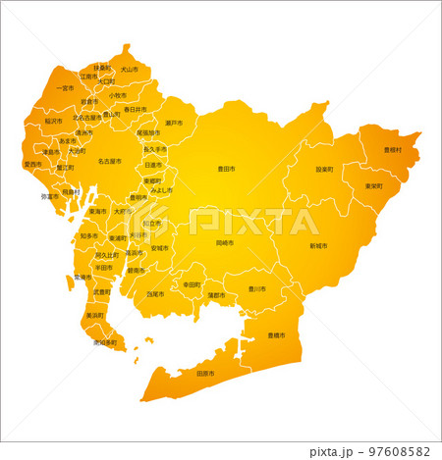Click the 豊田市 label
coord(226,169)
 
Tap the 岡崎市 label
coord(224,242)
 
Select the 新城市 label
coord(318,245)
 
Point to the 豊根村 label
coord(392,150)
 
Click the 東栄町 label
coord(373,185)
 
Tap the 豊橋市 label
coord(276,335)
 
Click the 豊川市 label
coord(256,288)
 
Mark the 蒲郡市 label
coord(216,294)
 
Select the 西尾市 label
coord(156,293)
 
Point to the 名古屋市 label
coord(109,161)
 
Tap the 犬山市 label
coord(129,70)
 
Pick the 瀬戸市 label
coord(174,123)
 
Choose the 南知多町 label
coord(105,343)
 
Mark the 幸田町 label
coord(191,284)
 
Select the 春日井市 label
coord(136,110)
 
